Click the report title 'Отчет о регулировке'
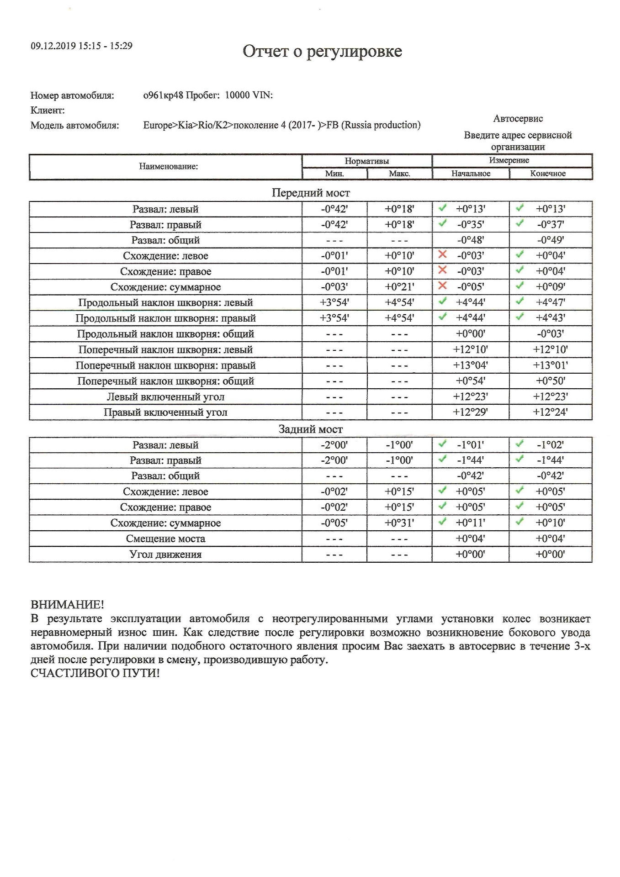coord(322,51)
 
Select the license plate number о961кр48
coord(163,95)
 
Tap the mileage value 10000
coord(238,95)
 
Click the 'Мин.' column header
coord(334,174)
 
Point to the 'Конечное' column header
coord(548,174)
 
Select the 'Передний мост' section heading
coord(311,193)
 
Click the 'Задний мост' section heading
coord(311,429)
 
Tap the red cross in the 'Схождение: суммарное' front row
coord(442,285)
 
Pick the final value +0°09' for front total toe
coord(550,287)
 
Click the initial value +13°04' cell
coord(470,365)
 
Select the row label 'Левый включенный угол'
coord(165,397)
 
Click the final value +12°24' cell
coord(550,412)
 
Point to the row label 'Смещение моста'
coord(165,539)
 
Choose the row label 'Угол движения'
coord(165,555)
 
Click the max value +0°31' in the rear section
coord(399,523)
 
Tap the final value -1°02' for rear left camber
coord(550,445)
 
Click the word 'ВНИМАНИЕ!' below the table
coord(67,605)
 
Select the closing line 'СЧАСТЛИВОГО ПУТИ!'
coord(95,673)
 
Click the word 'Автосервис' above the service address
coord(518,119)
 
